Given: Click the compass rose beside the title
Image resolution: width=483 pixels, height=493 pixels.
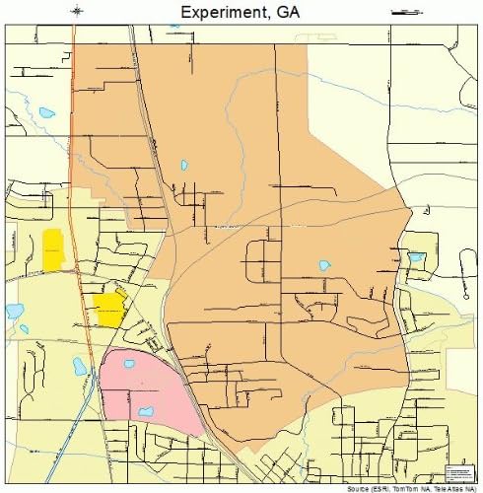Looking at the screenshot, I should point(78,11).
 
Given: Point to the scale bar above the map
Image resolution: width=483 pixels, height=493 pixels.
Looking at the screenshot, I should point(405,12).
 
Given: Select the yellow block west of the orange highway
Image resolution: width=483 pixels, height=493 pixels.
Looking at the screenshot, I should point(52,249).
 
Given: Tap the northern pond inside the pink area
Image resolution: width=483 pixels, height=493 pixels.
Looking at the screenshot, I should point(129,363).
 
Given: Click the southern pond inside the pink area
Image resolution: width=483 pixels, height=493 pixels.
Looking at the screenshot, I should point(145,411).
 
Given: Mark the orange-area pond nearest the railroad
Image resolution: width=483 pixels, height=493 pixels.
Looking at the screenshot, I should point(182,166).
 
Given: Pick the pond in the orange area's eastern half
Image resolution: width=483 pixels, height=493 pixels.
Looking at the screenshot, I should point(324,265).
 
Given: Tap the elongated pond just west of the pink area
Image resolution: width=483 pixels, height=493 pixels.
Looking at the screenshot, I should point(80,367).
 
